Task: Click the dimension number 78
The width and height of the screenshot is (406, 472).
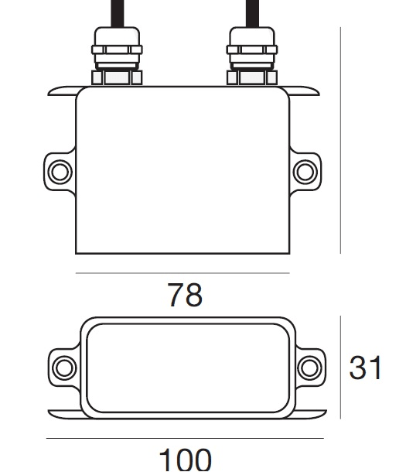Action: pyautogui.click(x=185, y=295)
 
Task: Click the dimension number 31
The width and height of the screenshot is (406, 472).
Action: pyautogui.click(x=365, y=368)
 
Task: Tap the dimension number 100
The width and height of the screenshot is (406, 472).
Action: pyautogui.click(x=185, y=460)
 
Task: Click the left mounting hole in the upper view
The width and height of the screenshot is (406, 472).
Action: pyautogui.click(x=60, y=172)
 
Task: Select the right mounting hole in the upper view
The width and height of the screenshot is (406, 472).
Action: pyautogui.click(x=305, y=172)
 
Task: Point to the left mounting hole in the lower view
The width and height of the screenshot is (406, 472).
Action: pyautogui.click(x=64, y=368)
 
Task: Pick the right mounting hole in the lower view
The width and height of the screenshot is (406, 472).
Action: pyautogui.click(x=309, y=368)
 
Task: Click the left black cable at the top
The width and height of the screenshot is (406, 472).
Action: pyautogui.click(x=118, y=14)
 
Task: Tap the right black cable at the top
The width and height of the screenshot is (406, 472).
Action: pyautogui.click(x=252, y=14)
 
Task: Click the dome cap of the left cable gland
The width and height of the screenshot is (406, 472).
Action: pyautogui.click(x=117, y=36)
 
